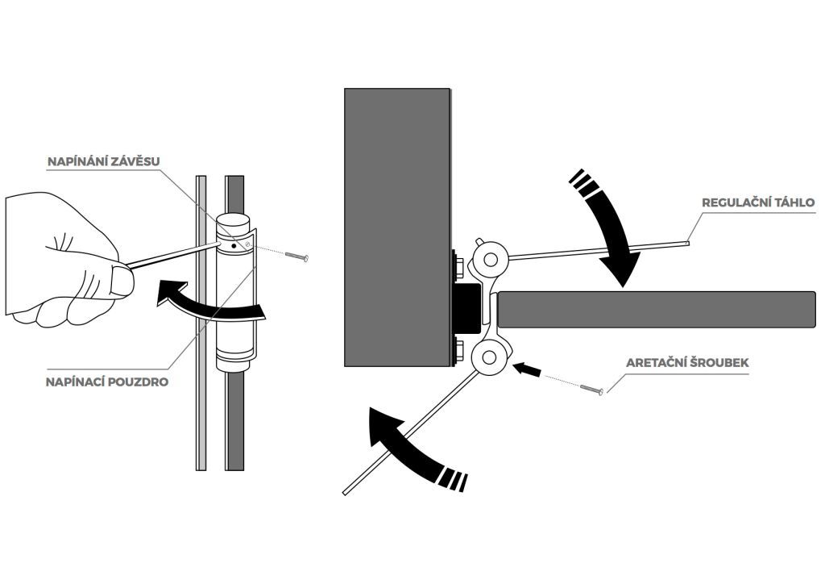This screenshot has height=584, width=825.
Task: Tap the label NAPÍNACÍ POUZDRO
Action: [x=106, y=382]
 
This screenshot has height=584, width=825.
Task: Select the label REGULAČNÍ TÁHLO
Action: [x=757, y=202]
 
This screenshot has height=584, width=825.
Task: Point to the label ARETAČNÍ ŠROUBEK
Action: [x=687, y=363]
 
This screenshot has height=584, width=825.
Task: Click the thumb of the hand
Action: [x=121, y=280]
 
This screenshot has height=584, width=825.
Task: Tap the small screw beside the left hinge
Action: [x=300, y=257]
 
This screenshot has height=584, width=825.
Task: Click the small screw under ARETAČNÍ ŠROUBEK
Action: [x=591, y=391]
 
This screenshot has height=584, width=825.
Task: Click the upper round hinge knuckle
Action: [x=490, y=258]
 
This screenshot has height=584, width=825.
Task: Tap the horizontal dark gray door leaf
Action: [x=657, y=308]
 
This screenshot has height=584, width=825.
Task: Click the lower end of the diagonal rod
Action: [x=347, y=490]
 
